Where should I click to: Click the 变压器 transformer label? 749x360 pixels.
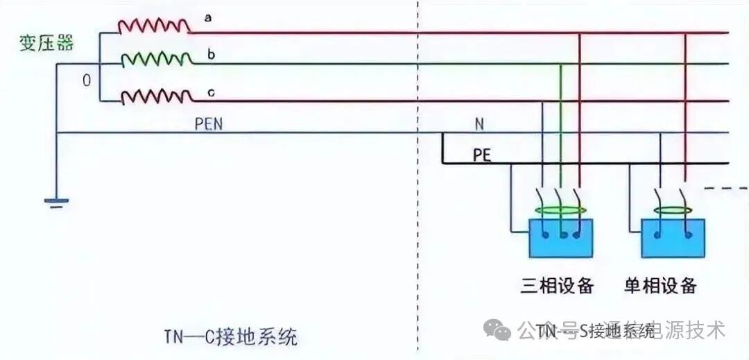pyautogui.click(x=46, y=43)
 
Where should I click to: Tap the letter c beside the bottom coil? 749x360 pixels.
pyautogui.click(x=209, y=91)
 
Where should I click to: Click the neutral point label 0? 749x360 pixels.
pyautogui.click(x=87, y=80)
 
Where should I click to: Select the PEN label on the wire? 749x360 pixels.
pyautogui.click(x=209, y=124)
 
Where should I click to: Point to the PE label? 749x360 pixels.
pyautogui.click(x=482, y=155)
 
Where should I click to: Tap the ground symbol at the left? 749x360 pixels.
pyautogui.click(x=56, y=202)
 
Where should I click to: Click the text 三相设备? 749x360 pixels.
pyautogui.click(x=557, y=284)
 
